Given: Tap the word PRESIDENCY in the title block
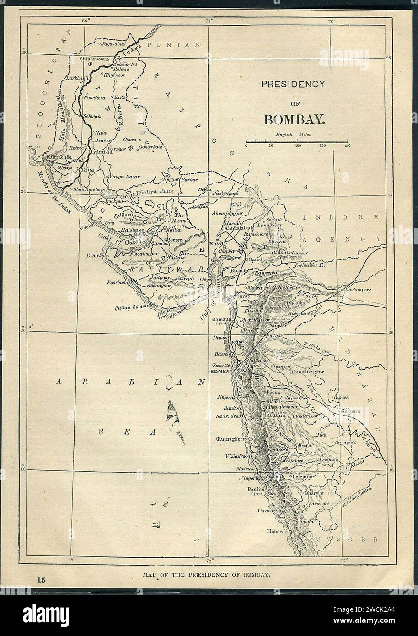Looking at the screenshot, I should pos(292,84).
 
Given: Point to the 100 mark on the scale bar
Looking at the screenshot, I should pos(298,146).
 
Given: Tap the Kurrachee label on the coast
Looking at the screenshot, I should pos(57,156).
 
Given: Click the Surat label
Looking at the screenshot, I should pos(243,296).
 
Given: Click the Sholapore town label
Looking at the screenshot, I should pos(349,411).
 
